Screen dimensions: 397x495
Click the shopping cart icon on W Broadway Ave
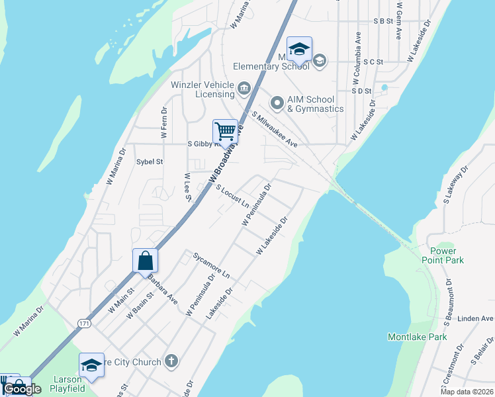click(x=225, y=132)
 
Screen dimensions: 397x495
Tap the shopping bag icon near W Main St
click(x=145, y=261)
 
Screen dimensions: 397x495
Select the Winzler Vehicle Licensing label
click(x=202, y=89)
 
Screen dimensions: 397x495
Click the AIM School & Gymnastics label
click(x=315, y=104)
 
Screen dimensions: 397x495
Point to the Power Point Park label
click(x=443, y=255)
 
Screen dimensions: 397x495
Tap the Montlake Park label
click(x=417, y=337)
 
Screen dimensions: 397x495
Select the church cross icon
click(x=171, y=361)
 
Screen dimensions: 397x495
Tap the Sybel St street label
click(x=150, y=161)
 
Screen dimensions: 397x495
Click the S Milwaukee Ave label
click(x=274, y=129)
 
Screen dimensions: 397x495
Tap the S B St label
click(x=383, y=21)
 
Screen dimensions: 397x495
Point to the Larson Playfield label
click(x=67, y=384)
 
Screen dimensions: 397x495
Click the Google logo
click(x=22, y=389)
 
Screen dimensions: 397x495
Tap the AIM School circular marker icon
click(x=277, y=103)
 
